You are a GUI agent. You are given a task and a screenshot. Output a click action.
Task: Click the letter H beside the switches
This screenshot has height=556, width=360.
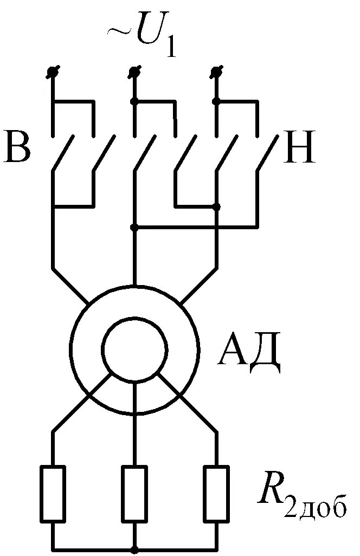point(299,147)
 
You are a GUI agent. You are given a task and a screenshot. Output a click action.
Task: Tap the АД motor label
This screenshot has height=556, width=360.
point(249,353)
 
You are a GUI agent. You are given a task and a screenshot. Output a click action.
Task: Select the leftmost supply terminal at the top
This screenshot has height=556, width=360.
point(53,71)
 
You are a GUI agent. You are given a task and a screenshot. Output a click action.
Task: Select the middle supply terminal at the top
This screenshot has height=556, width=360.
point(134,71)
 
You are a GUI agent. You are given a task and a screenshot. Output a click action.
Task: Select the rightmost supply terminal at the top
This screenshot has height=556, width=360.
point(216,71)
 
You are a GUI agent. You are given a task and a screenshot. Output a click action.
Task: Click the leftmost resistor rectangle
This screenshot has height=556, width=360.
point(53,493)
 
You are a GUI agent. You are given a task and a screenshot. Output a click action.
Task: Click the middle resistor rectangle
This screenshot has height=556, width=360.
point(134,493)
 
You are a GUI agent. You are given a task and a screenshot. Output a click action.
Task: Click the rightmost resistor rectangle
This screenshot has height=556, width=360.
point(216,493)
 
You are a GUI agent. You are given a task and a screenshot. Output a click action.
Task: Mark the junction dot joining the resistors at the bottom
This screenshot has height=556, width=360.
point(134,549)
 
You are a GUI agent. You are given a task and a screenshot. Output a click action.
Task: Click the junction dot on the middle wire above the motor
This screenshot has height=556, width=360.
point(134,228)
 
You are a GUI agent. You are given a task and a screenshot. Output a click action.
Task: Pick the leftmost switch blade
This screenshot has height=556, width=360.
point(64,154)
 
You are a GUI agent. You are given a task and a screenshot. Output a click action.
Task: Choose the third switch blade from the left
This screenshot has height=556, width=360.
point(145,154)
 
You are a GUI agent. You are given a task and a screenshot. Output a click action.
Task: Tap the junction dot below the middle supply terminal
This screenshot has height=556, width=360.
point(134,101)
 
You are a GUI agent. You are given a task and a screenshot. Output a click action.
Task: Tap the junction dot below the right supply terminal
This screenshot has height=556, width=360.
point(216,101)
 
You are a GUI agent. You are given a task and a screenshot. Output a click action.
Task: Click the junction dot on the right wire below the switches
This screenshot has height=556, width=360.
point(216,206)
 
